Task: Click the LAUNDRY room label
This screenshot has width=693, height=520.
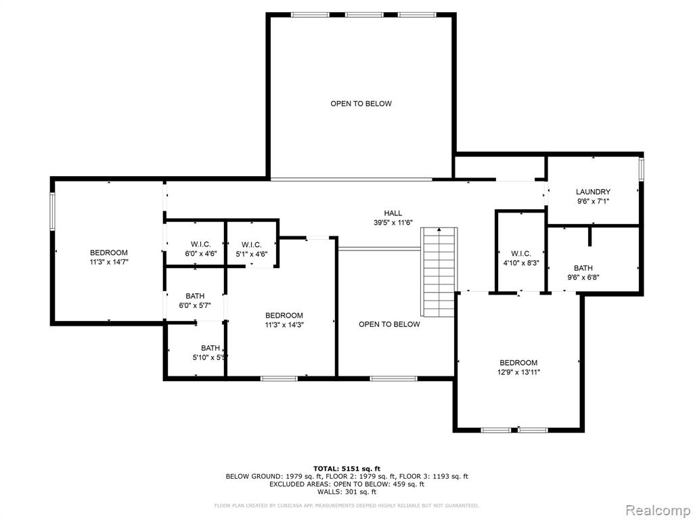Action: [593, 192]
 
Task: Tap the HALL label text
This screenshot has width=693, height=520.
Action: [393, 213]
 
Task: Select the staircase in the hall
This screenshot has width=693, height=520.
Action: [439, 272]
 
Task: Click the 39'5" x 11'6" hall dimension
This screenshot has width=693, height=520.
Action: [393, 223]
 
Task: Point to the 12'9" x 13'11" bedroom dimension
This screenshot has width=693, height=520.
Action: [519, 372]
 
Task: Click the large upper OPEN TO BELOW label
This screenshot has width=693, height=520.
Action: [361, 104]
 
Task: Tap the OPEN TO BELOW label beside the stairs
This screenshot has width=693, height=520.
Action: [389, 324]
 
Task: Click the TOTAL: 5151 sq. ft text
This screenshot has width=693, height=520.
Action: [347, 469]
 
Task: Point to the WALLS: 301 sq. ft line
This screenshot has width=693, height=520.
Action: [347, 492]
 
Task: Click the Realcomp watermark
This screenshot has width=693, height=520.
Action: [657, 511]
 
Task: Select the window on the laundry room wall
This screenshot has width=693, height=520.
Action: [642, 169]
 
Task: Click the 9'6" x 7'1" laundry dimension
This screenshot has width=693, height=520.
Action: [593, 201]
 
